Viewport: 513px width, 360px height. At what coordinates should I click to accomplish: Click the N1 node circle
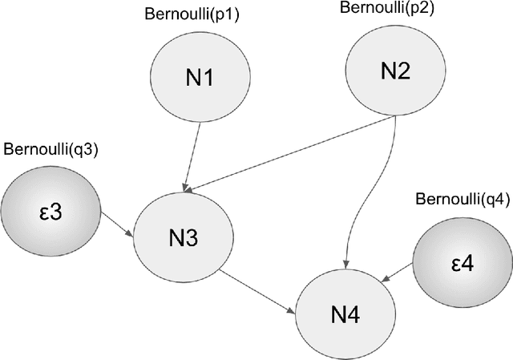point(196,78)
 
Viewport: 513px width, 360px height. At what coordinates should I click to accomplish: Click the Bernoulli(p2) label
point(388,9)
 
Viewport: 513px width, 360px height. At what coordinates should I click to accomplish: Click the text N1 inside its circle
point(196,79)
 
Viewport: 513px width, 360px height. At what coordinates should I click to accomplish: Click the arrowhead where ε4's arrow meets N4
point(385,280)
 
